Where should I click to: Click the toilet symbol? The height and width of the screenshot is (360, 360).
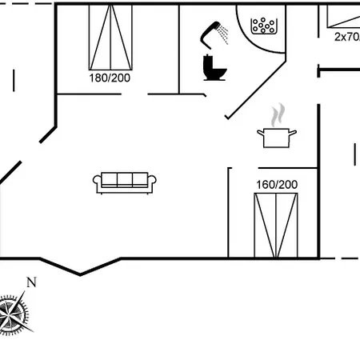(x=214, y=67)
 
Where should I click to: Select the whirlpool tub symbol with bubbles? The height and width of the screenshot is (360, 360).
(x=264, y=26)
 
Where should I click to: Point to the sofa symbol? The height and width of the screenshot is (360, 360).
(x=125, y=182)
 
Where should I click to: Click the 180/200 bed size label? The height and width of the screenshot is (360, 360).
(x=110, y=78)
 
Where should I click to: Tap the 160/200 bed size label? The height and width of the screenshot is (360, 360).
(x=277, y=185)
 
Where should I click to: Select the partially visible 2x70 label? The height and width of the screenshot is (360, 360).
(x=347, y=37)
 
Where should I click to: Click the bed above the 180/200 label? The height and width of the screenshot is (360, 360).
(x=110, y=38)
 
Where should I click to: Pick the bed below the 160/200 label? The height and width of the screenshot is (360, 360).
(x=276, y=226)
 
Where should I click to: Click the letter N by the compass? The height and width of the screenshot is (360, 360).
(x=31, y=282)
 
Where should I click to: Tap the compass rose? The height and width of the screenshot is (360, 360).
(x=14, y=314)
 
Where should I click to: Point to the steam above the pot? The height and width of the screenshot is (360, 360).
(x=278, y=115)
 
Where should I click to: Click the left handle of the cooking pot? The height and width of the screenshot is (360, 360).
(x=260, y=133)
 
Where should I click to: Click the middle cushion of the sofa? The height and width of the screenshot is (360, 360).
(x=125, y=178)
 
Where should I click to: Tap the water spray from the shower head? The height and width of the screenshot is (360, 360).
(x=222, y=34)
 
